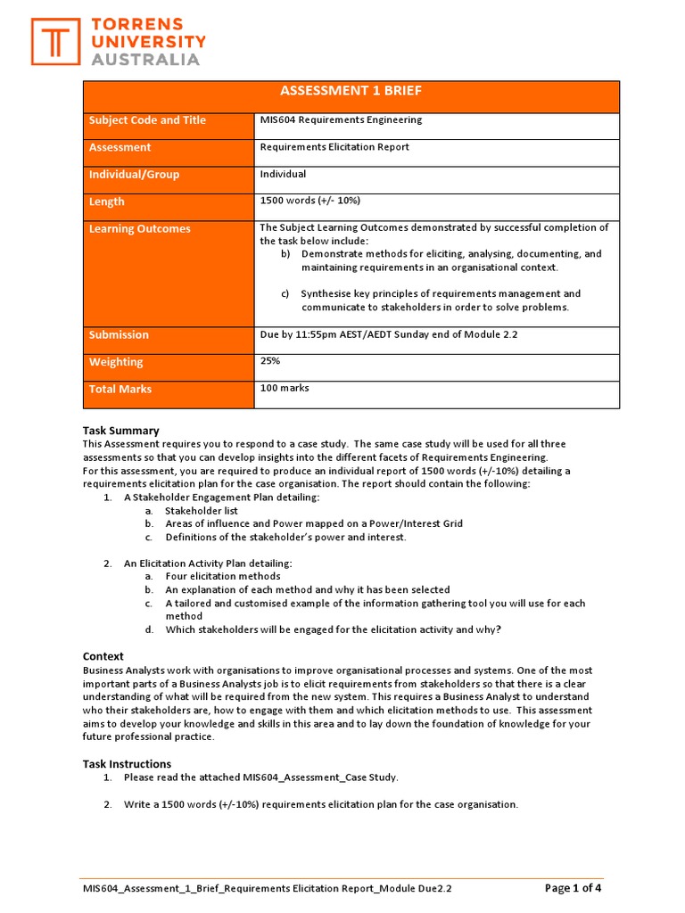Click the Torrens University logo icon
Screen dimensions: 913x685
tap(54, 41)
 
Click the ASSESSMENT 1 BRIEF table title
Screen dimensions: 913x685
tap(351, 91)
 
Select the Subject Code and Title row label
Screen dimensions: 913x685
tap(147, 120)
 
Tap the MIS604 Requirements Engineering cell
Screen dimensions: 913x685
tap(341, 119)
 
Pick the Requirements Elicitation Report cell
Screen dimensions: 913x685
tap(334, 147)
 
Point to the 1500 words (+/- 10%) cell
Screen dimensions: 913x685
tap(309, 201)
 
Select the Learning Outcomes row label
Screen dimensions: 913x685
tap(139, 229)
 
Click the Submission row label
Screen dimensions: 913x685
tap(119, 335)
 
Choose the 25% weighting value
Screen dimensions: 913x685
tap(270, 361)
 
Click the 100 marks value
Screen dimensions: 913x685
tap(285, 388)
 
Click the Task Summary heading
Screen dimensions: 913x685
tap(120, 431)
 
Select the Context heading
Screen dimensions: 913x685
tap(103, 656)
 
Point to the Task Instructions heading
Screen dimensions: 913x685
tap(127, 764)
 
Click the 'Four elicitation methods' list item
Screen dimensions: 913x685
tap(223, 577)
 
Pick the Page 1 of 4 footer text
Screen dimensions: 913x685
tap(573, 888)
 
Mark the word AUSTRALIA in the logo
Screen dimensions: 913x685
tap(147, 59)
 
